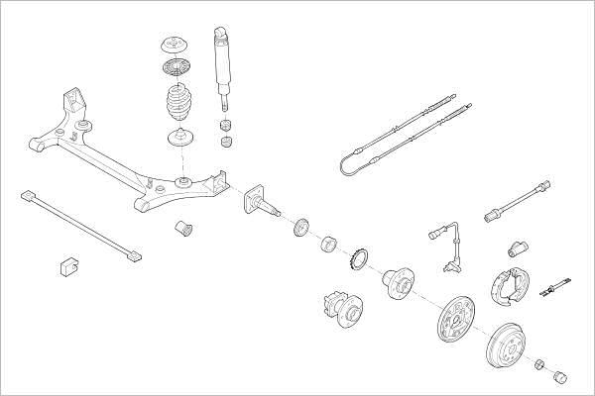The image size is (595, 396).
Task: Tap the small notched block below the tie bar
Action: click(x=67, y=265)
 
